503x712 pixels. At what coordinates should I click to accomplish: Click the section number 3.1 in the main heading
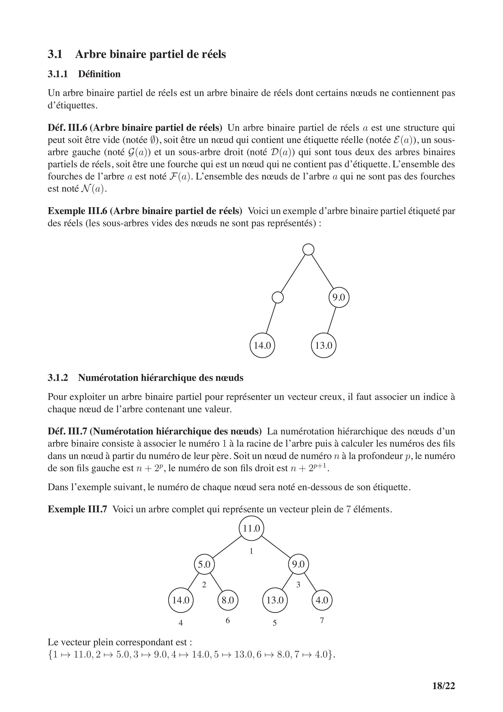tap(55, 54)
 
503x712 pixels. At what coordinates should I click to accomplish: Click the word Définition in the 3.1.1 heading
tap(99, 74)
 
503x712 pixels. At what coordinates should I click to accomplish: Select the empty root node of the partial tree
tap(308, 249)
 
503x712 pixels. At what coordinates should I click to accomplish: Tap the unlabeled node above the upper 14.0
tap(278, 297)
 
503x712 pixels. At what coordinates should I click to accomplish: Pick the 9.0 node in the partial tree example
tap(339, 297)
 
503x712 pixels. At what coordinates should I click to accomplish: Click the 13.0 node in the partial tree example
tap(324, 346)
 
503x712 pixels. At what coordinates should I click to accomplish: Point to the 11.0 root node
tap(251, 528)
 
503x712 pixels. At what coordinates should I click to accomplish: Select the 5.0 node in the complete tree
tap(204, 564)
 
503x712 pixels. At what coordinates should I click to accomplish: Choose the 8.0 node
tap(228, 600)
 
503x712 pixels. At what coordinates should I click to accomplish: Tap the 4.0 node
tap(322, 600)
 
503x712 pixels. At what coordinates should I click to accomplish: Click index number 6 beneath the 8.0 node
tap(228, 620)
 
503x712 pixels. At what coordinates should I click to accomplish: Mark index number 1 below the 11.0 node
tap(251, 551)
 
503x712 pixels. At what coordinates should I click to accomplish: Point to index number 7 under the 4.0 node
tap(322, 620)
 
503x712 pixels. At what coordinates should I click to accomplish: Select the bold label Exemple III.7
tap(77, 509)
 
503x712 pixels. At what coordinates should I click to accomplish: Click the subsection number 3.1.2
tap(58, 378)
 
